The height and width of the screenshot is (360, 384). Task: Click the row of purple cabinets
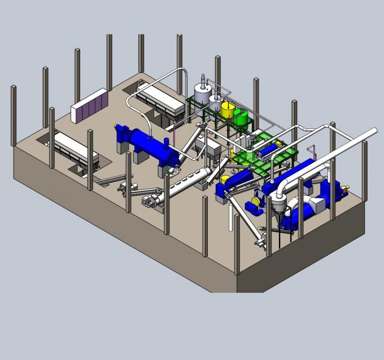[89, 104]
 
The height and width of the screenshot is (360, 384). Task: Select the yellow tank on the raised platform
[228, 110]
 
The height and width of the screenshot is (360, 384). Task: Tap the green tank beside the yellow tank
[242, 117]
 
